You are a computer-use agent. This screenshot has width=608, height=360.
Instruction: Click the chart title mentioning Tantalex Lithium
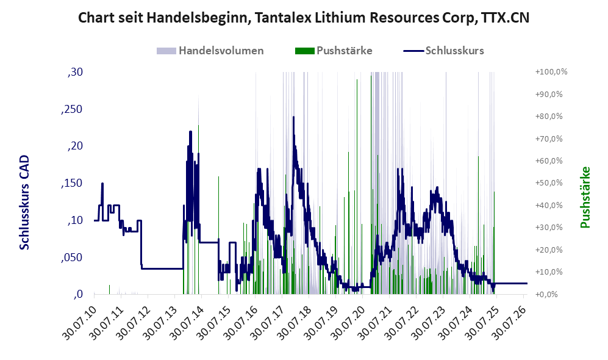coord(304,18)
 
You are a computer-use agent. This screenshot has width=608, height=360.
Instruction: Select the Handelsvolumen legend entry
coord(210,51)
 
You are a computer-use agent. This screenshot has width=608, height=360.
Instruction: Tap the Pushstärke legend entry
coord(334,51)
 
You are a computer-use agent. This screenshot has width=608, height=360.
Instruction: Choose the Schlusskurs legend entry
coord(443,51)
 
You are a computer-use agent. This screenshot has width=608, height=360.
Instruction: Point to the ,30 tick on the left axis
coord(75,72)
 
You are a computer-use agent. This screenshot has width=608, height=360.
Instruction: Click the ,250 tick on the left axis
coord(72,109)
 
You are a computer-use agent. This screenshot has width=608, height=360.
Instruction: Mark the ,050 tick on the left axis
coord(72,257)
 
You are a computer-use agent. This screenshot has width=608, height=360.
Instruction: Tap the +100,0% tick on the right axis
coord(551,72)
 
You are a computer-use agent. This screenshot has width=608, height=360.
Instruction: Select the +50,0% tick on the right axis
coord(549,182)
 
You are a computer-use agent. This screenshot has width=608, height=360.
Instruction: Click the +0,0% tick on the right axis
coord(547,295)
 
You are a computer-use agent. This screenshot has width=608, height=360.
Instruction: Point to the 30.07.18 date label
coord(295,323)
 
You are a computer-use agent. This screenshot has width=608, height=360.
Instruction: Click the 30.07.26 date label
coord(509,323)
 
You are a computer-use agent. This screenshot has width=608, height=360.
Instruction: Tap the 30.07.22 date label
coord(402,323)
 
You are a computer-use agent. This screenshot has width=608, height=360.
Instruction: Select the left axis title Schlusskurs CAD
coord(24,202)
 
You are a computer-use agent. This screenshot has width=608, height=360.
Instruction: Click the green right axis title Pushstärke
coord(585,198)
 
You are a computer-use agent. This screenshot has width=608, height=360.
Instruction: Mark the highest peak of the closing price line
coord(293,117)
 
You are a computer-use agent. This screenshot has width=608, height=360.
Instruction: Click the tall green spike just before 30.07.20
coord(357,186)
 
